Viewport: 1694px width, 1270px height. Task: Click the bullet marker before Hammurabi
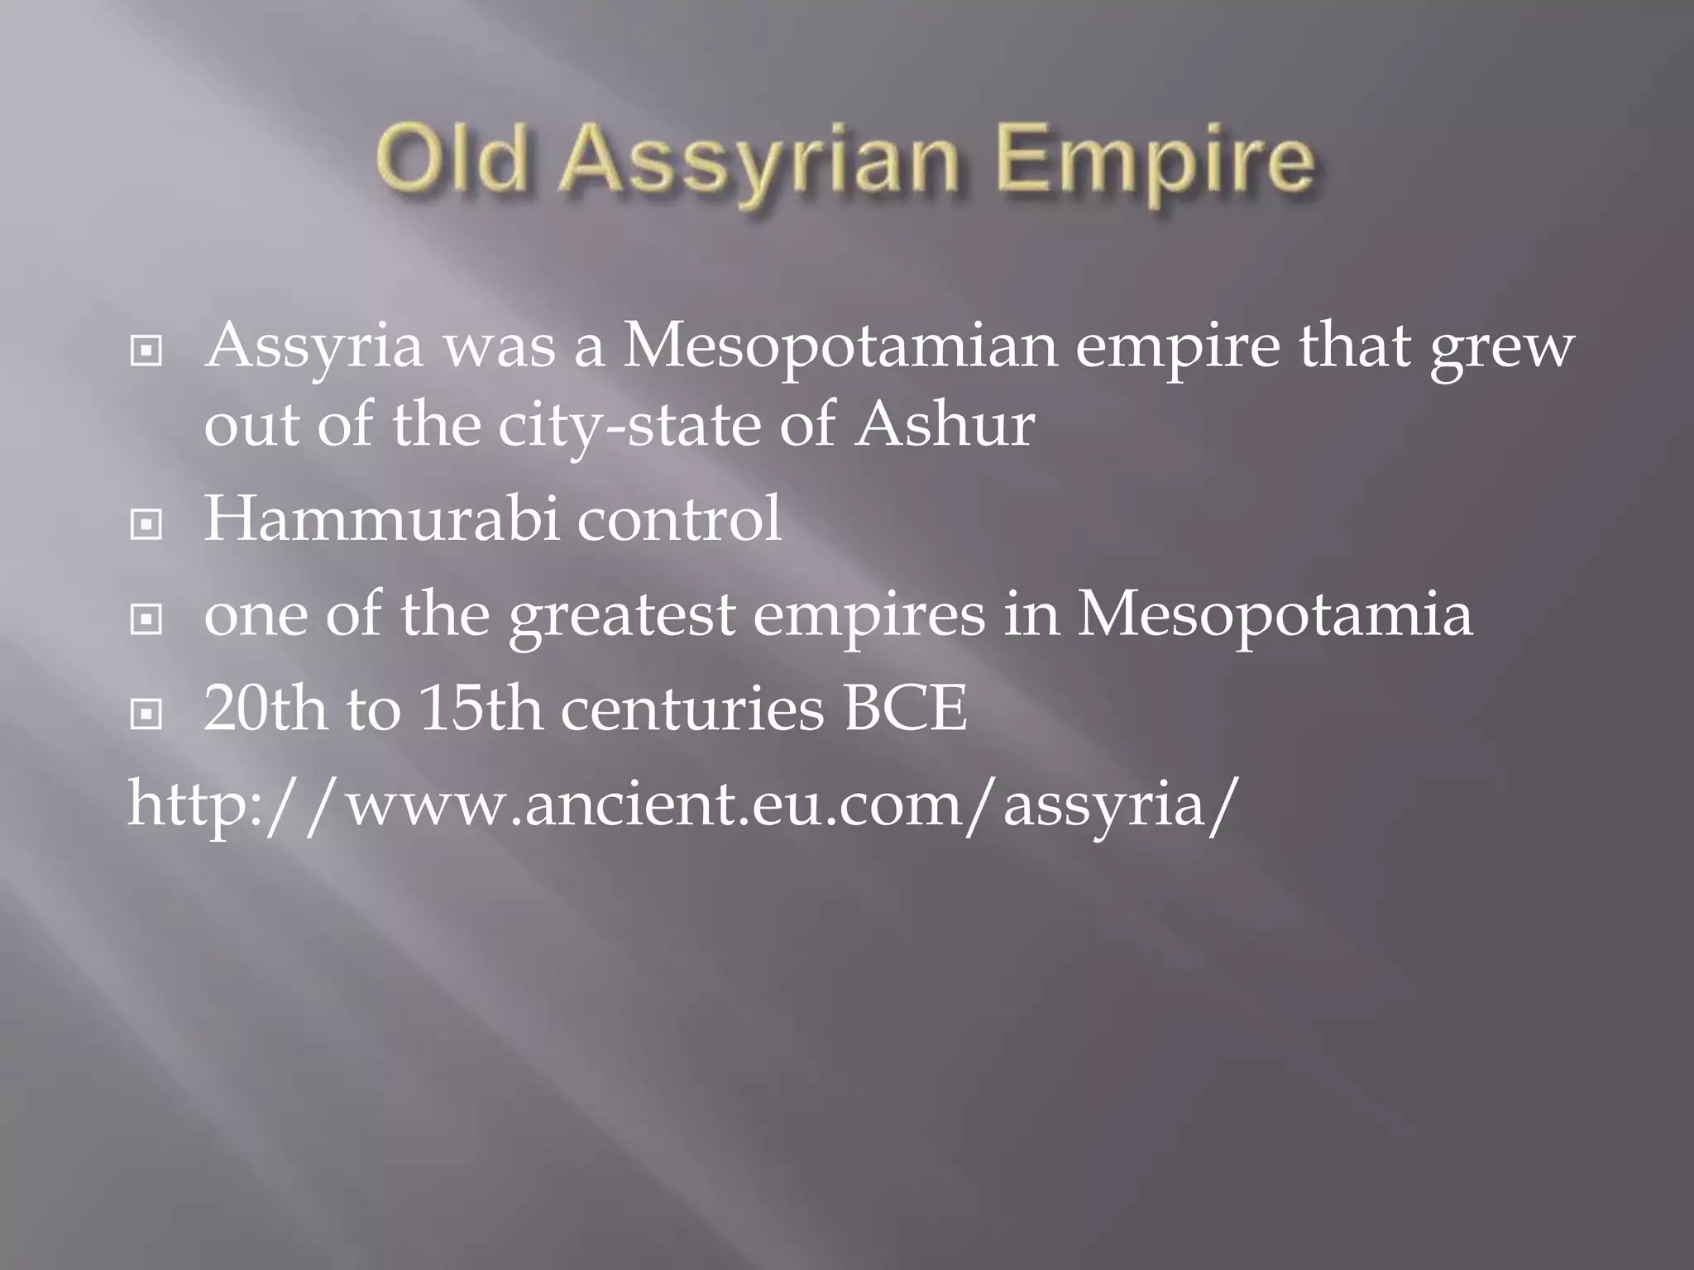pyautogui.click(x=146, y=524)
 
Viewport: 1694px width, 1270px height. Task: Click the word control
pyautogui.click(x=678, y=519)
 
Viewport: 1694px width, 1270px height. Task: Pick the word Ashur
pyautogui.click(x=944, y=425)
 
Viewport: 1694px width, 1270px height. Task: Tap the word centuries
pyautogui.click(x=692, y=709)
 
